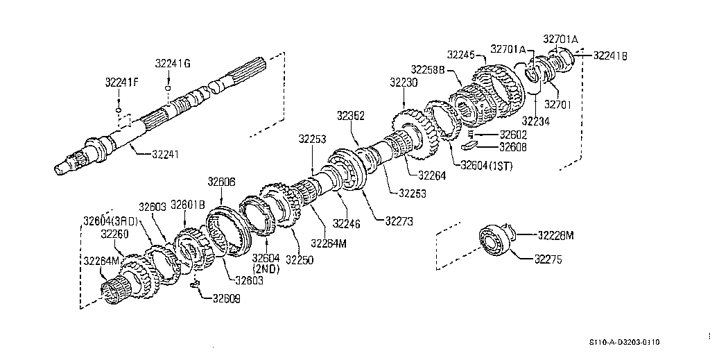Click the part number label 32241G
(x=173, y=63)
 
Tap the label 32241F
(x=122, y=83)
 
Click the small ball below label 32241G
(x=168, y=88)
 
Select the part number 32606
(x=221, y=182)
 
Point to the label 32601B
(x=187, y=205)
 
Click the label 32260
(x=114, y=234)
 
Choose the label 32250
(x=300, y=260)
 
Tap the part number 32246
(x=347, y=223)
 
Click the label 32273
(x=399, y=221)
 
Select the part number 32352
(x=350, y=116)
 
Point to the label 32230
(x=404, y=83)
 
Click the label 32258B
(x=428, y=70)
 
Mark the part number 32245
(x=461, y=54)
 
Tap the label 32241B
(x=610, y=55)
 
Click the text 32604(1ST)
(x=486, y=166)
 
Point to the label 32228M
(x=555, y=235)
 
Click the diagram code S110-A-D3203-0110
(x=625, y=343)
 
